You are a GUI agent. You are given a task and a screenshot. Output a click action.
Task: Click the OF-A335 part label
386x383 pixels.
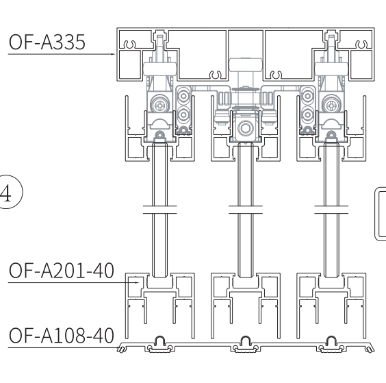47,42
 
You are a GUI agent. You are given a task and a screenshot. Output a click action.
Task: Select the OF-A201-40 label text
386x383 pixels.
62,271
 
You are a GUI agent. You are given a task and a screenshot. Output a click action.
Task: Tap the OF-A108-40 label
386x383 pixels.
62,336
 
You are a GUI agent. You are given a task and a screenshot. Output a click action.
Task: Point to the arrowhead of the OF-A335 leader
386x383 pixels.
113,54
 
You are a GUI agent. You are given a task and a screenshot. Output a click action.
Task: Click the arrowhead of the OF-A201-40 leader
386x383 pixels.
137,283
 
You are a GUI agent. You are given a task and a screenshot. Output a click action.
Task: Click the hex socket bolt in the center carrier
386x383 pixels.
246,128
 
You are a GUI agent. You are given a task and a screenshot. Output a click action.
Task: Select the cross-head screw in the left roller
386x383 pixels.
160,106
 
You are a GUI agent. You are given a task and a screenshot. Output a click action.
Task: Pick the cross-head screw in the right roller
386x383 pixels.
331,106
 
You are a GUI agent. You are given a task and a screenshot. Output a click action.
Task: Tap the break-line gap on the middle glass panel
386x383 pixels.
246,209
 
